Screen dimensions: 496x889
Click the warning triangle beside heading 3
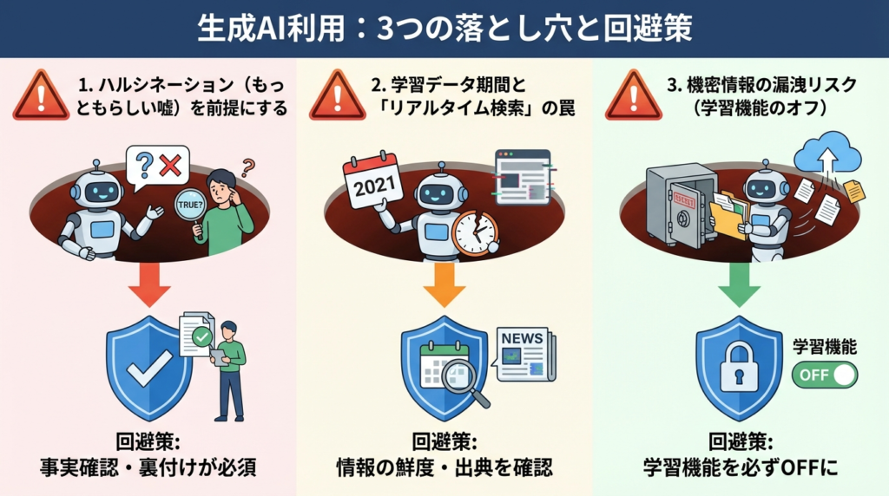pyautogui.click(x=633, y=95)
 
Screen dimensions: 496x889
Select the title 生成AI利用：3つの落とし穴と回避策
pyautogui.click(x=444, y=28)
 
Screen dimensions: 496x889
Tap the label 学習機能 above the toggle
pyautogui.click(x=825, y=348)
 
